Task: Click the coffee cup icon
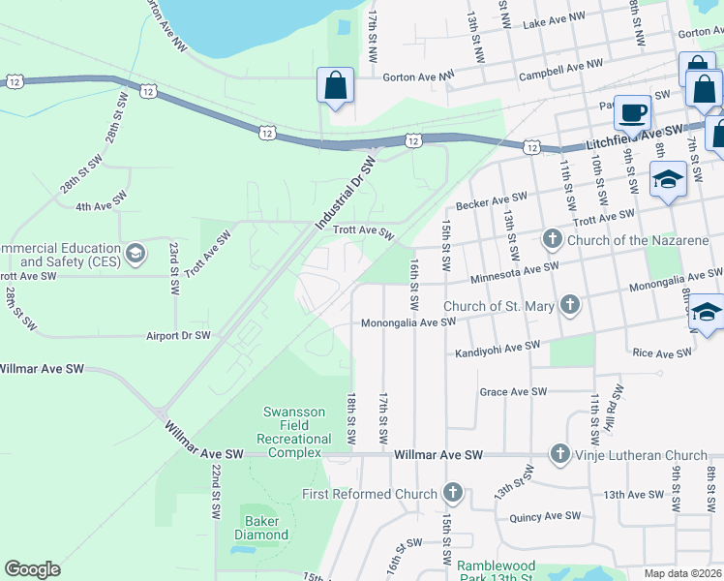633,112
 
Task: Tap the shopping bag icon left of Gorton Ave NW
334,85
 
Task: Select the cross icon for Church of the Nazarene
552,238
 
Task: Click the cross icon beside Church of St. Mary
570,306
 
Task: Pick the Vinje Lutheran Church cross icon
559,454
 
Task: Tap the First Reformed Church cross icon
451,494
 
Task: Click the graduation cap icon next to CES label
136,254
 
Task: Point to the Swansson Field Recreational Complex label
293,432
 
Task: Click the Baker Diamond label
261,528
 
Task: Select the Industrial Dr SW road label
345,193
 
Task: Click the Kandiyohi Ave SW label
498,349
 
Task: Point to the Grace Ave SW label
513,392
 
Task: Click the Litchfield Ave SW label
634,136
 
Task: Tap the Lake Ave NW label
554,17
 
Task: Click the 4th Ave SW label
102,204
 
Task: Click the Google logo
32,568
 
